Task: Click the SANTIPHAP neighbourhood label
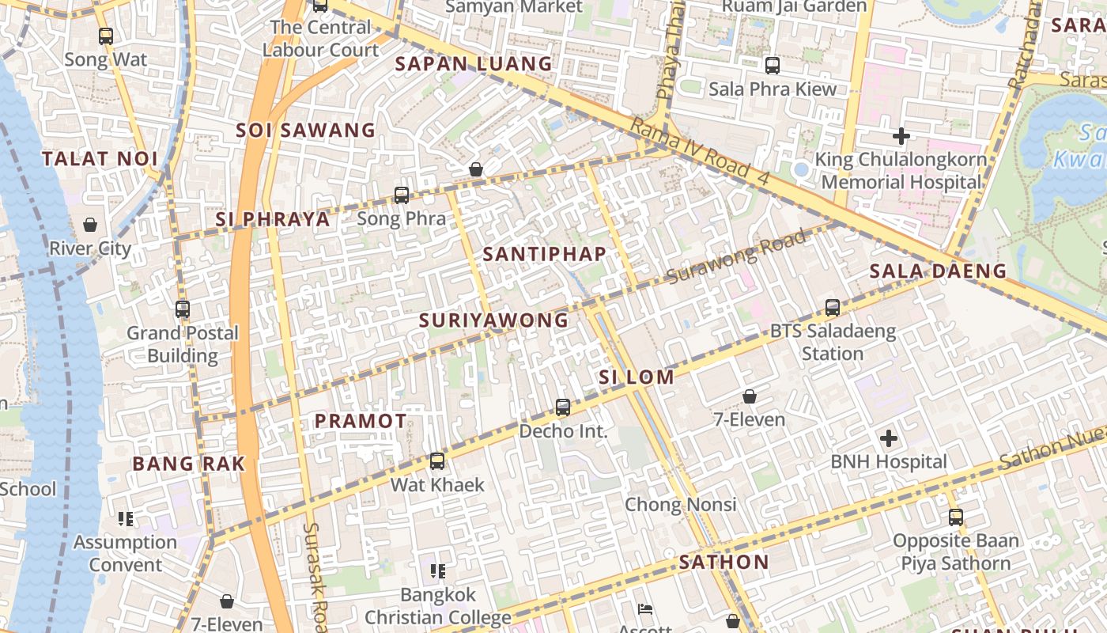point(545,254)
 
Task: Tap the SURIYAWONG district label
point(493,320)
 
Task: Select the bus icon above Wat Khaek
point(437,461)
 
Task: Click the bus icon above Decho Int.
point(563,407)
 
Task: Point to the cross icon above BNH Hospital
point(889,438)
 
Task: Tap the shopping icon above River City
point(90,225)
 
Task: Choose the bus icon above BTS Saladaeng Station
point(833,308)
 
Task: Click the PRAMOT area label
point(361,421)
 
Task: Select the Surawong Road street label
point(737,256)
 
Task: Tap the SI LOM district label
point(637,377)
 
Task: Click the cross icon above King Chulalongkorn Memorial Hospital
point(901,136)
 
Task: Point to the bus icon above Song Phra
point(402,195)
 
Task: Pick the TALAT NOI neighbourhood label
point(100,158)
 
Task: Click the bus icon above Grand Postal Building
point(183,309)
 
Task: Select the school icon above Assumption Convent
point(126,519)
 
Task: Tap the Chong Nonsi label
point(681,504)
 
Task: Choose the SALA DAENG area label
point(938,271)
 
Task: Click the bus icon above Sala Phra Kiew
point(773,66)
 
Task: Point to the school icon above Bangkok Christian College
point(438,570)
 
